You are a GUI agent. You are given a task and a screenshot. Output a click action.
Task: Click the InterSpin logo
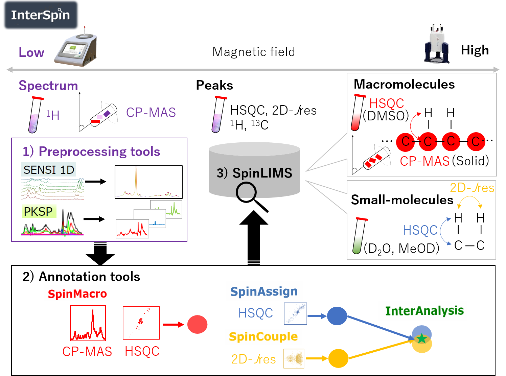(40, 15)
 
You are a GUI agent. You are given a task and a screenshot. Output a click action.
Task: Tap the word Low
(31, 52)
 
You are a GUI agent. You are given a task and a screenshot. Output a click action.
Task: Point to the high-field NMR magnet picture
(437, 44)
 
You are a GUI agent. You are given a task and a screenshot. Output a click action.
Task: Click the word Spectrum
(48, 86)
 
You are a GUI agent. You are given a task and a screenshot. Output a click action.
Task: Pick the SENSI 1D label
(49, 170)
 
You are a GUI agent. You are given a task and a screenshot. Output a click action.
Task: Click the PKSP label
(38, 212)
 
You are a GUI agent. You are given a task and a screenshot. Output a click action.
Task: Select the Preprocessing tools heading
(92, 151)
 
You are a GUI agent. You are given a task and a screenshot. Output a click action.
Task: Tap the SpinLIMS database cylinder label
(254, 173)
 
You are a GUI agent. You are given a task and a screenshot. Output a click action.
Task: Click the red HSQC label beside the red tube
(387, 103)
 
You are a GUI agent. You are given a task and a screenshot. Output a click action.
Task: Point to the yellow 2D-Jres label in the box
(472, 188)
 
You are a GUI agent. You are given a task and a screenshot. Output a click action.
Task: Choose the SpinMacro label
(77, 293)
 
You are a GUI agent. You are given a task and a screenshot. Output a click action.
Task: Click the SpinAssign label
(264, 291)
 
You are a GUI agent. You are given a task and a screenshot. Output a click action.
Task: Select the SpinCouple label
(263, 337)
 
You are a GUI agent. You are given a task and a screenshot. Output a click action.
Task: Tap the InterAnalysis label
(424, 311)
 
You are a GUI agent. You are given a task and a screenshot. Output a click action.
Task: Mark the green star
(421, 338)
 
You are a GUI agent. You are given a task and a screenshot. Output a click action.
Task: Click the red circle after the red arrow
(197, 325)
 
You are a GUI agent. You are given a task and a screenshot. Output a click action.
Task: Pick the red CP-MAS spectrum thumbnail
(88, 323)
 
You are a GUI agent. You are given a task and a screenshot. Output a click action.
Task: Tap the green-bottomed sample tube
(359, 236)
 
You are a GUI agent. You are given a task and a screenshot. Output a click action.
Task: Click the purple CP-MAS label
(151, 113)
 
